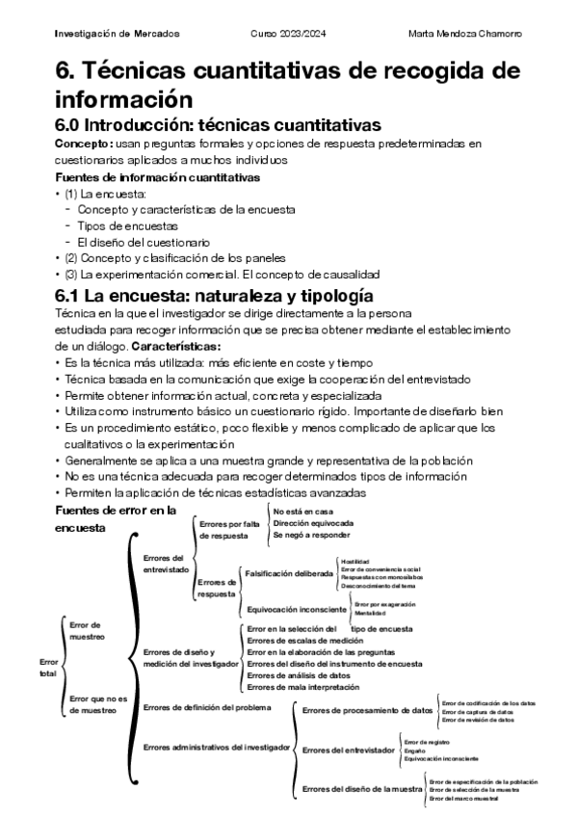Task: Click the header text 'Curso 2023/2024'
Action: pos(289,33)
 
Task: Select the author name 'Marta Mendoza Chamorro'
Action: pos(465,33)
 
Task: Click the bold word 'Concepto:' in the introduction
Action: pos(84,144)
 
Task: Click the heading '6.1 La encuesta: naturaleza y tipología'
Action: pos(213,296)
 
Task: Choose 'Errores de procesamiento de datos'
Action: pos(367,710)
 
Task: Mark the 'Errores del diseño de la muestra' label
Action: pos(363,789)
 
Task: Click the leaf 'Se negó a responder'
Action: pos(312,534)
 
